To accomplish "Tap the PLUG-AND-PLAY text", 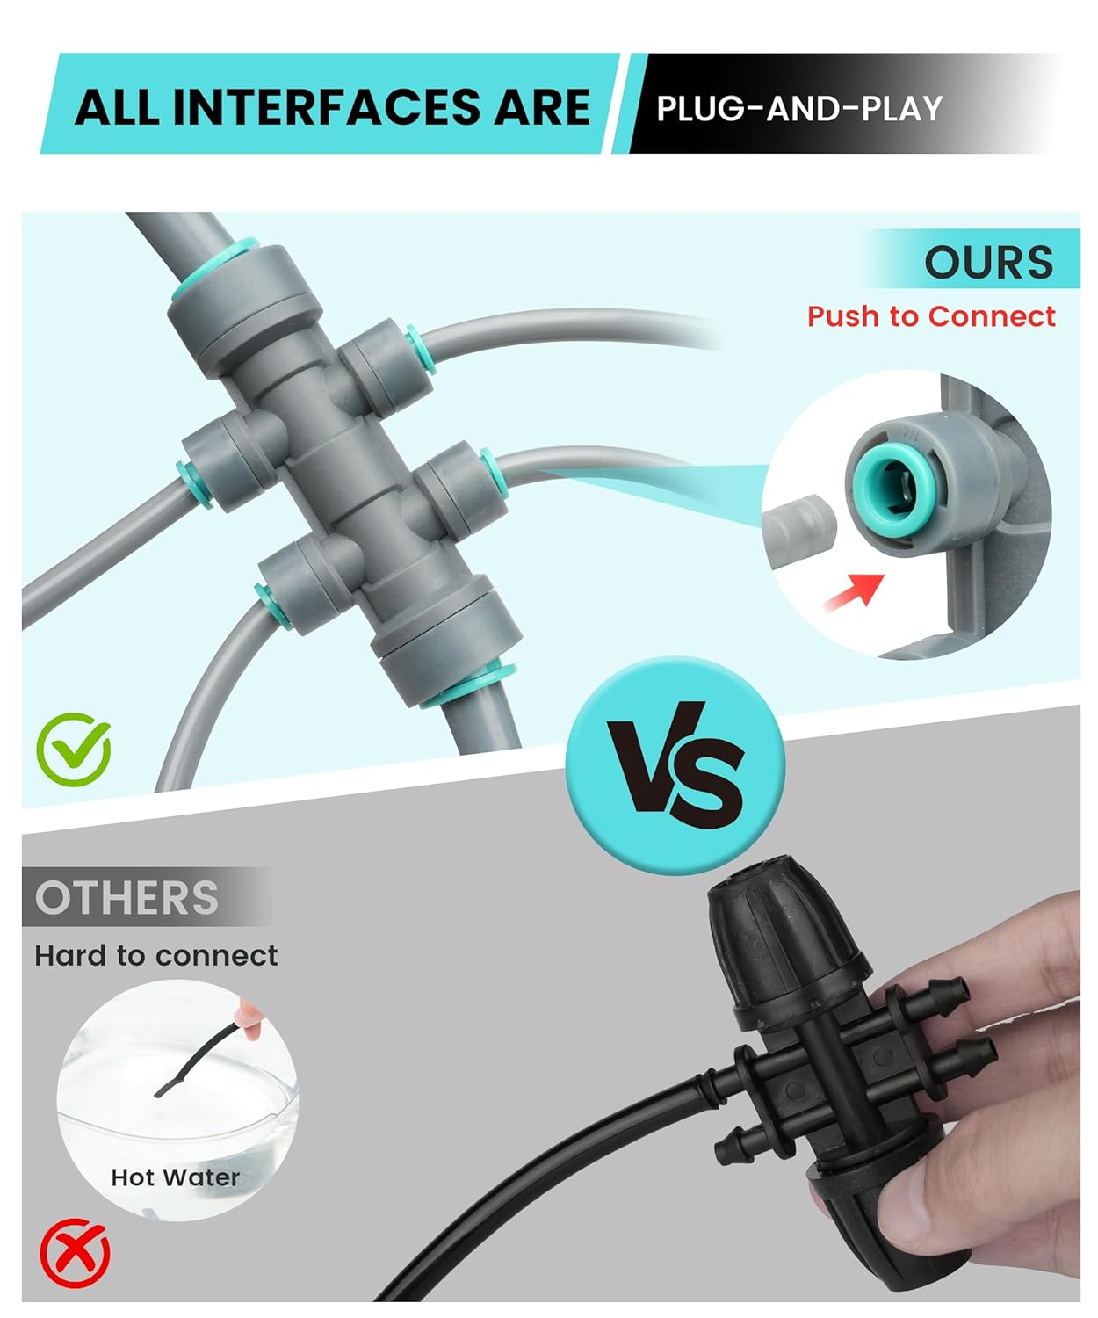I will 799,109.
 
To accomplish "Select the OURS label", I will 988,262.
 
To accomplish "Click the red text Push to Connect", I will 931,316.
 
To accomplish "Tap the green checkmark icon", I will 74,749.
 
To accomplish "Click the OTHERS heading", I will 126,898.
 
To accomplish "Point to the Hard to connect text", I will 156,955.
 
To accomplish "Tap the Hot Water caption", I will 175,1177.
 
